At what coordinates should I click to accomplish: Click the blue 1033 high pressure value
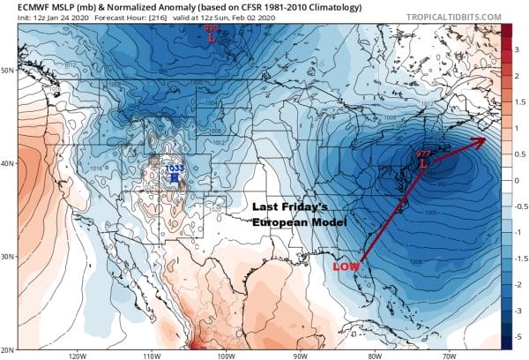tap(174, 168)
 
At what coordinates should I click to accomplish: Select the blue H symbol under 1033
tap(174, 178)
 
